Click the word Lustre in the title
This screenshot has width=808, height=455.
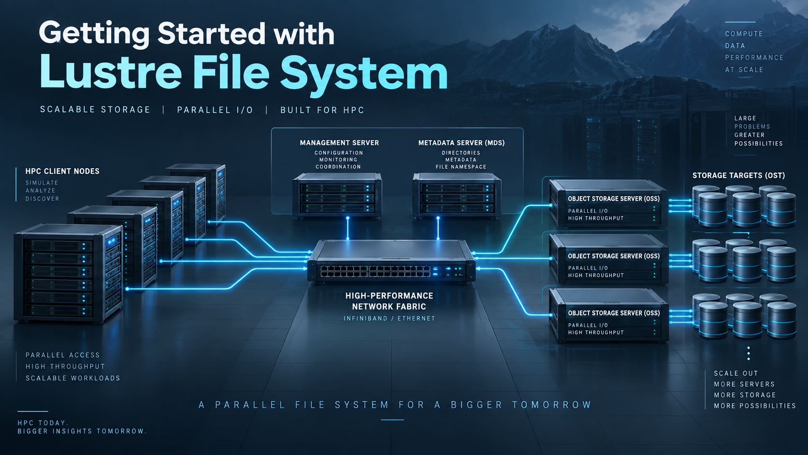click(x=110, y=72)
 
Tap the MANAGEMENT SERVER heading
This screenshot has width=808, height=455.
click(x=339, y=143)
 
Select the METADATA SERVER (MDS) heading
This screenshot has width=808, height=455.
click(x=462, y=143)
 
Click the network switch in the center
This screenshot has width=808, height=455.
click(x=391, y=262)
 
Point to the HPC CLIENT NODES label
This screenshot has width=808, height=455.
click(x=62, y=171)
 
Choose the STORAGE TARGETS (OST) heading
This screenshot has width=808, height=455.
click(x=738, y=176)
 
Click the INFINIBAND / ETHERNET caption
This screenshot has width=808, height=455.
click(x=390, y=319)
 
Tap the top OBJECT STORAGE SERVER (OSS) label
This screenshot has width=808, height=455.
click(x=614, y=199)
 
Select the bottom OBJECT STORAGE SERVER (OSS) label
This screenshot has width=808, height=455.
click(x=614, y=313)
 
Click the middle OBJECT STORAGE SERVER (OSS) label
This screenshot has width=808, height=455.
click(x=614, y=256)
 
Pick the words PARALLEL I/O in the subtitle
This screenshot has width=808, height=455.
click(x=215, y=110)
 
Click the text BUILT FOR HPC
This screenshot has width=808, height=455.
click(x=322, y=110)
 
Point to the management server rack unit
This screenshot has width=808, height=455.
click(x=338, y=195)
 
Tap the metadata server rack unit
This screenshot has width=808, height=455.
click(x=457, y=195)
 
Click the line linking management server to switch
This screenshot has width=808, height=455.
click(x=348, y=228)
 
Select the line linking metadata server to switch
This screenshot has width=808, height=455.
click(x=438, y=228)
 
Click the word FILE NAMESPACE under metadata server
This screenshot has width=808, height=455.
click(x=461, y=167)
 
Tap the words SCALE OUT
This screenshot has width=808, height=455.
click(x=736, y=373)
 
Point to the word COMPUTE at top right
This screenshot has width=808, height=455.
click(x=744, y=34)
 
